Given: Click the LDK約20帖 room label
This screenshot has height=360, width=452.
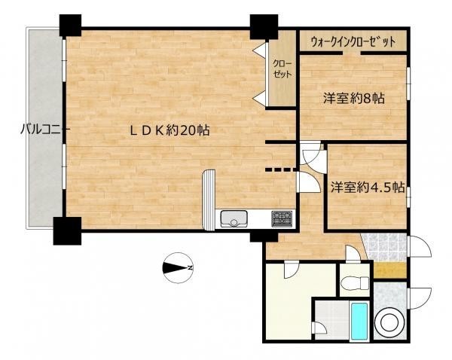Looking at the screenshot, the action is pos(169,130).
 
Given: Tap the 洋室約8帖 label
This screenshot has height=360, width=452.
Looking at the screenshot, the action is pos(353,99).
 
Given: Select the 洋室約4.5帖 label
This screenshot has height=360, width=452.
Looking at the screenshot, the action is pos(367,188).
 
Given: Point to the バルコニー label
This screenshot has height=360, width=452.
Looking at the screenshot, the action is pos(44,130).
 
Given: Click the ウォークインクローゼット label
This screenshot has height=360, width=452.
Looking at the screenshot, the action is pos(353,42).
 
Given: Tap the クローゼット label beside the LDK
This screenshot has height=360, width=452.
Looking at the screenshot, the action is pos(282,69).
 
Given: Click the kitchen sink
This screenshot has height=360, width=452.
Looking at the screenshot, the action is pos(234,218).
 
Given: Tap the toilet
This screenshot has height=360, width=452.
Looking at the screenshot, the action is pos(354,282).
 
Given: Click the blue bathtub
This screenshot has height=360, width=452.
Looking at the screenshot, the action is pos(359,321).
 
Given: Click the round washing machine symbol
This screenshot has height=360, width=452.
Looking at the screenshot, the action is pos(390,322).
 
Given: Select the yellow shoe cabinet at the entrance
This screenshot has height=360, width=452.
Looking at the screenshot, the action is pos(390,270).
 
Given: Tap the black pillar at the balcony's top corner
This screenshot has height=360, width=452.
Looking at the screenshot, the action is pos(70,26).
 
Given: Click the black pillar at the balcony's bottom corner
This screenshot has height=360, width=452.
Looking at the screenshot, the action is pos(67,231).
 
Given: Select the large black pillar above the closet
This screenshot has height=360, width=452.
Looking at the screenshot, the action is pos(264,26).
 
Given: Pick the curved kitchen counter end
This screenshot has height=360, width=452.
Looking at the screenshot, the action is pos(209,200).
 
